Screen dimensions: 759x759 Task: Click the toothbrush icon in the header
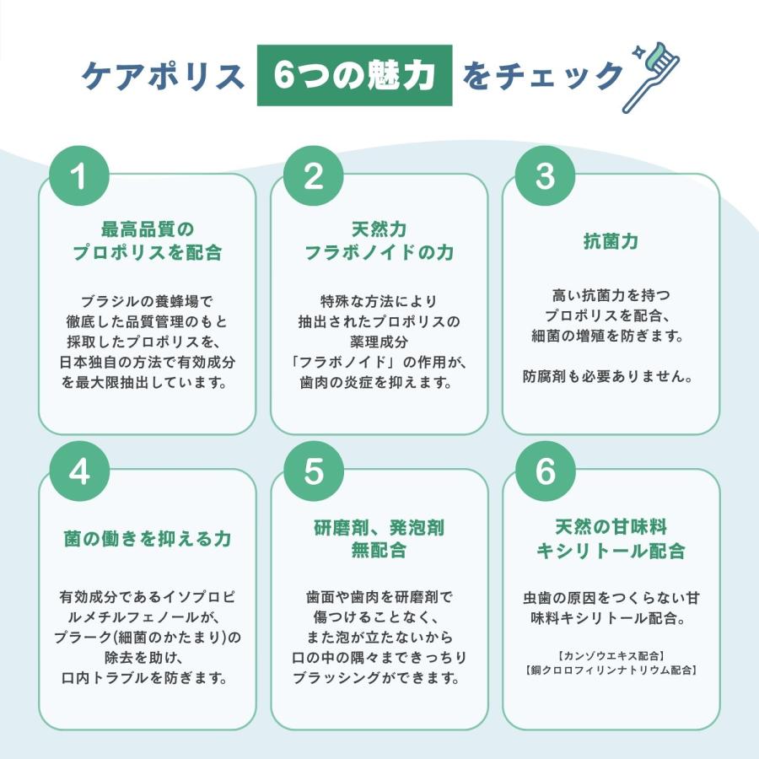click(x=652, y=78)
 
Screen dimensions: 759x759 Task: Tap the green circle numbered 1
click(x=79, y=175)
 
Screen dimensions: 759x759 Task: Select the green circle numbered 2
click(x=313, y=175)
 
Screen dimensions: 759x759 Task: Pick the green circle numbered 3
click(x=545, y=175)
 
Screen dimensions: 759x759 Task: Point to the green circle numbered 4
click(x=79, y=471)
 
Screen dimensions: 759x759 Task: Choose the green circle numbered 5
click(x=313, y=471)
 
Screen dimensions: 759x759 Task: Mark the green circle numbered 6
click(x=545, y=471)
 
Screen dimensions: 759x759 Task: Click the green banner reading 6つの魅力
click(x=354, y=75)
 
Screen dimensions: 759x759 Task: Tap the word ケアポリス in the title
click(x=163, y=76)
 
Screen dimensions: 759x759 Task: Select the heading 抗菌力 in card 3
click(x=611, y=240)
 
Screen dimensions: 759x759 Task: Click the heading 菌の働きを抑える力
click(x=147, y=538)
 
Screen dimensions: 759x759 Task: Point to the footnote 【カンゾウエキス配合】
click(x=611, y=656)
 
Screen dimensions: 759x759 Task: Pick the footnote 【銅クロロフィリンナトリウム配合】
click(x=611, y=670)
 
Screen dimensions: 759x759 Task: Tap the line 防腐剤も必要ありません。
click(x=608, y=376)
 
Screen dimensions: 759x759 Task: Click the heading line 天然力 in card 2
click(x=379, y=229)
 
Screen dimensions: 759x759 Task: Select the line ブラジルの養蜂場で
click(x=147, y=302)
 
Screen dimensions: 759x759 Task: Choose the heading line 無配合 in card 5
click(x=379, y=551)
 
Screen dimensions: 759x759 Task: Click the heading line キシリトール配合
click(x=611, y=551)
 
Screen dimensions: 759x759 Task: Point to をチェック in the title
click(x=542, y=76)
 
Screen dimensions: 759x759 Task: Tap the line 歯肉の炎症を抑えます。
click(x=376, y=383)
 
